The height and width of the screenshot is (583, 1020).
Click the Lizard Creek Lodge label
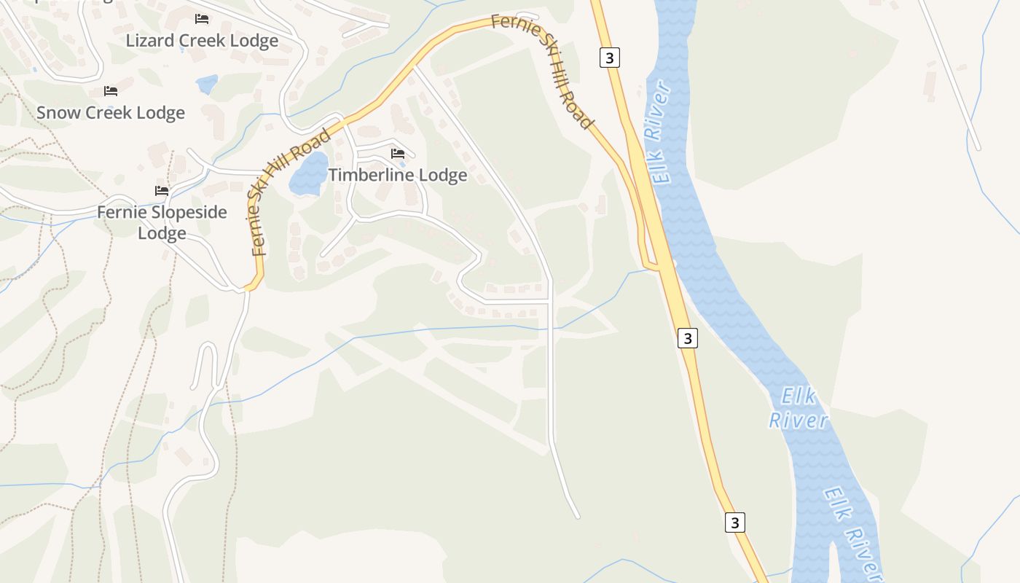click(x=202, y=41)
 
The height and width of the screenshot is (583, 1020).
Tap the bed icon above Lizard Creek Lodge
click(x=202, y=19)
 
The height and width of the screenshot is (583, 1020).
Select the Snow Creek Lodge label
click(x=111, y=113)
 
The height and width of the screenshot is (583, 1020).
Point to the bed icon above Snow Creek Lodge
click(x=111, y=91)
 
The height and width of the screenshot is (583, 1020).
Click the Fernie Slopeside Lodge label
click(x=162, y=223)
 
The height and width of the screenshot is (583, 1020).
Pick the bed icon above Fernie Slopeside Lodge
click(x=162, y=191)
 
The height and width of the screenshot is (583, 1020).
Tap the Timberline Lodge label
click(x=398, y=176)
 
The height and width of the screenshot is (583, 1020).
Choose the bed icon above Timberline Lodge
click(x=398, y=154)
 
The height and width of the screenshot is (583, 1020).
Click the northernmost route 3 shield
click(x=610, y=57)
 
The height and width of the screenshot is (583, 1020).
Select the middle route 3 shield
click(x=687, y=337)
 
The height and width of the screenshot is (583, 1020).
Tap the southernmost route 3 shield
click(x=735, y=523)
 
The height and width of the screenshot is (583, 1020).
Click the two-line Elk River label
click(x=799, y=409)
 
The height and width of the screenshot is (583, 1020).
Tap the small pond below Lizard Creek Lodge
click(x=207, y=85)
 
